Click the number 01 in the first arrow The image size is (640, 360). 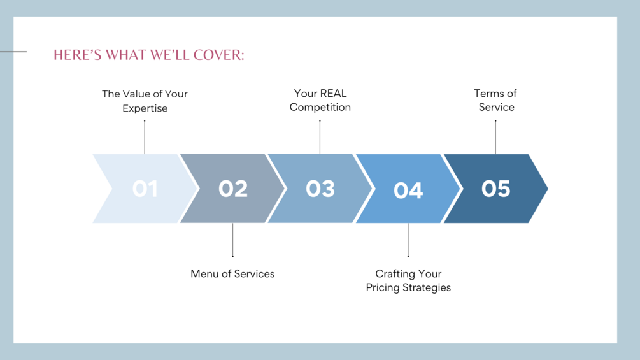click(x=145, y=189)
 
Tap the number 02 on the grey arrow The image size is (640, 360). click(x=233, y=189)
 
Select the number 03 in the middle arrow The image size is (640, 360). click(x=320, y=189)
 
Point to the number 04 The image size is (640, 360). click(x=408, y=191)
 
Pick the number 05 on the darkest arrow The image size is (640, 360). click(x=496, y=189)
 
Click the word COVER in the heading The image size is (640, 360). click(x=218, y=55)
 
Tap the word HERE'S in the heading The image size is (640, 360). click(x=78, y=55)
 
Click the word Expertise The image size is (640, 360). click(x=145, y=108)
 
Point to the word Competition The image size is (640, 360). click(x=320, y=107)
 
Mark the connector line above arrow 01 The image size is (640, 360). click(x=145, y=137)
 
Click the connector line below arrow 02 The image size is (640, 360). click(x=232, y=240)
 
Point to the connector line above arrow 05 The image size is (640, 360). click(x=495, y=137)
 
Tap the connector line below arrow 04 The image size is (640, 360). click(x=408, y=240)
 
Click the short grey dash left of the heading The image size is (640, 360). click(x=13, y=52)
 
